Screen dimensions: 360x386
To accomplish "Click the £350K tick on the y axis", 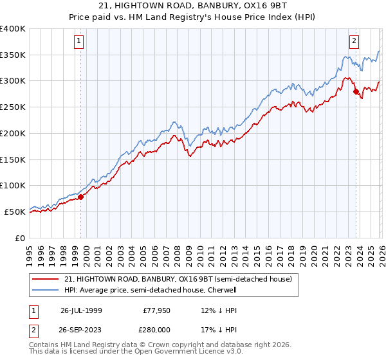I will coord(13,55).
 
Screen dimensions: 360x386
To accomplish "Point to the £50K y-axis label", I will coord(15,212).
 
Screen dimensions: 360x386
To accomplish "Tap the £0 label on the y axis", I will coord(21,238).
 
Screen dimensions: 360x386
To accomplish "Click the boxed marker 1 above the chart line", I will coord(78,41).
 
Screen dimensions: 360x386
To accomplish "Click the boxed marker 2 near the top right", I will coord(354,41).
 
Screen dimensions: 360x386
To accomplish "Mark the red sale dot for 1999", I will coord(81,197).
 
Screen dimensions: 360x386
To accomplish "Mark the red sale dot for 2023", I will coord(356,92).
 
